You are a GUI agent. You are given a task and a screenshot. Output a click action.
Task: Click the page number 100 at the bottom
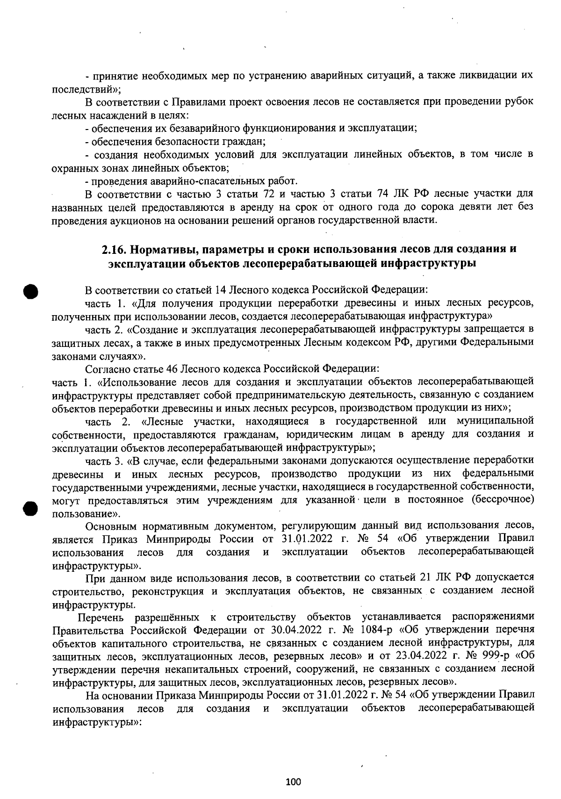coord(293,781)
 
